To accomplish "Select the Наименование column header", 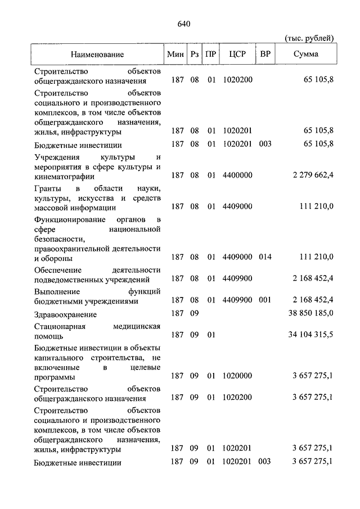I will point(97,55).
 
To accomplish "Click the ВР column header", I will point(265,55).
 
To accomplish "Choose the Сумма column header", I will point(306,55).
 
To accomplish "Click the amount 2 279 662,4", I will point(313,175).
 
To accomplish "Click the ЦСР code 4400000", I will point(237,175).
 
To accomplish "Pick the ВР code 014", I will point(265,258).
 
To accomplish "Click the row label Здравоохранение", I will point(65,315).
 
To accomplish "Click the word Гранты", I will point(47,187).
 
